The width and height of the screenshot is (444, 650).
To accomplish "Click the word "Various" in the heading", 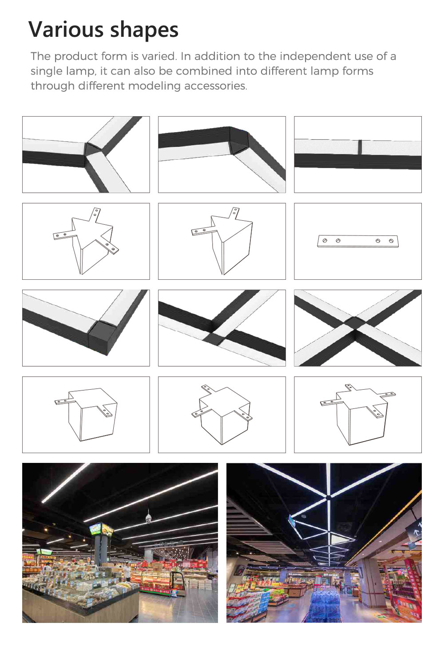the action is (66, 29).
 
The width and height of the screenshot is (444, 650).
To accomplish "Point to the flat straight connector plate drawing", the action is (358, 241).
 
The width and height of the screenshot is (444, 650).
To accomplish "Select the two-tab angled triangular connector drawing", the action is (222, 241).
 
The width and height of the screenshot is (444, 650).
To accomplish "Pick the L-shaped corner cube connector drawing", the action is (86, 415).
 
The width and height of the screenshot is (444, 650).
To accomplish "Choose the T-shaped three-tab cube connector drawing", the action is (222, 415).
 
